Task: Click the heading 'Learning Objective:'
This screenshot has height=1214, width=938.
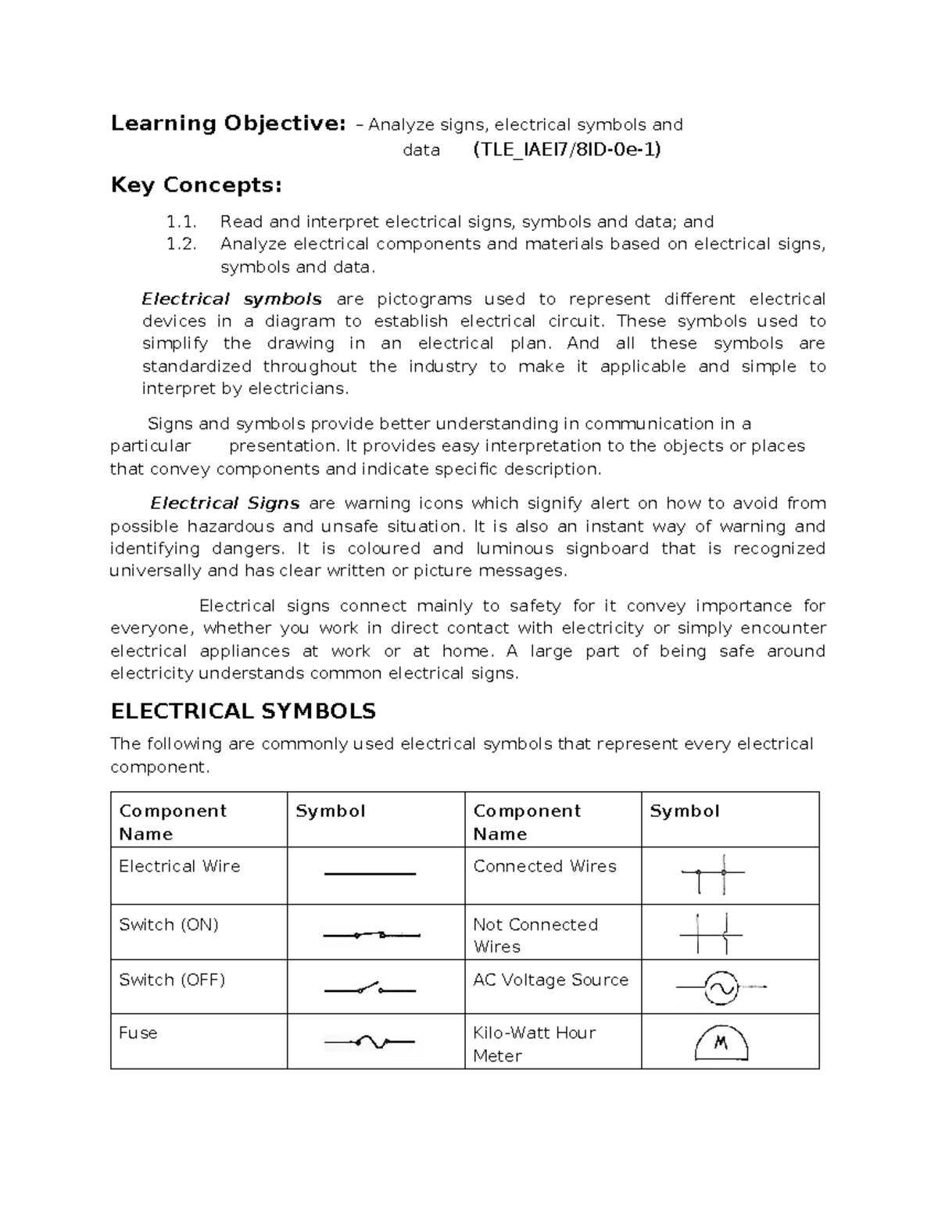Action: (227, 124)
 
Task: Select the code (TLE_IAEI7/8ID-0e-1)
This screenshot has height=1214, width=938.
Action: (567, 149)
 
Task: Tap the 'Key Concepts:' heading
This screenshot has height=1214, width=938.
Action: (196, 185)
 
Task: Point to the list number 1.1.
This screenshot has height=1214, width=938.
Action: (181, 222)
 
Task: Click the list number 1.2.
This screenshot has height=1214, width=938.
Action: (181, 245)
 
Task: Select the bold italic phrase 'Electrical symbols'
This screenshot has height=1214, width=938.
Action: (231, 299)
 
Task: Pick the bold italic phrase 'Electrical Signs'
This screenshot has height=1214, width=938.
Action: (225, 503)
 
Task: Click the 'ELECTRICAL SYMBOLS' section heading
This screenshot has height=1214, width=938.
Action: (243, 711)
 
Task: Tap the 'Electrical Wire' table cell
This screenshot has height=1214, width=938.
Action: (180, 866)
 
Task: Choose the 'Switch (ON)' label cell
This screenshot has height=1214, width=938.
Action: (169, 925)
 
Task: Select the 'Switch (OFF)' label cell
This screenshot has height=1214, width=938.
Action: (172, 980)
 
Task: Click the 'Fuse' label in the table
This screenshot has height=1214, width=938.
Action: (138, 1033)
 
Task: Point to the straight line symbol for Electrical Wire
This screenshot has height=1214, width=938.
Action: (370, 874)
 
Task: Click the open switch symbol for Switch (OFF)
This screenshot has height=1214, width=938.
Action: (370, 989)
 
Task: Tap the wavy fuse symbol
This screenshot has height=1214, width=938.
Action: (370, 1042)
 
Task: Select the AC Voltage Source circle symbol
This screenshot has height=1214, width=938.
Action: (720, 988)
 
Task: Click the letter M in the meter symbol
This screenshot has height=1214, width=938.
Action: (721, 1043)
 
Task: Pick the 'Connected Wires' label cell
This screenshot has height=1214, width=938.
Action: (545, 866)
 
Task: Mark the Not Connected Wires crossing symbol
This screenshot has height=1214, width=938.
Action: (712, 933)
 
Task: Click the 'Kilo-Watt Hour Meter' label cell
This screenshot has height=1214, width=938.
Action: (535, 1044)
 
